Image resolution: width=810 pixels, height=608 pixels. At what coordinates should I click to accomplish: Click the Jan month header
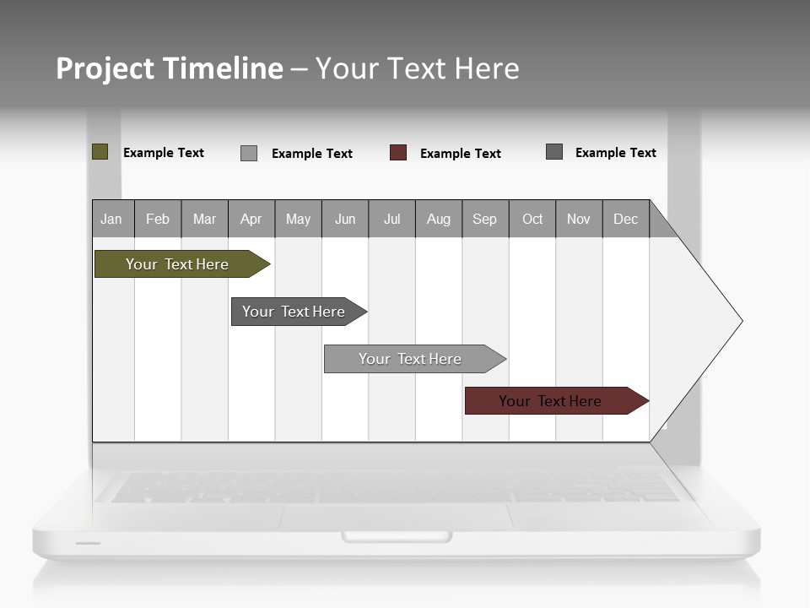point(112,219)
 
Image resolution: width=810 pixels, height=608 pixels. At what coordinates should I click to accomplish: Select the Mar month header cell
point(204,219)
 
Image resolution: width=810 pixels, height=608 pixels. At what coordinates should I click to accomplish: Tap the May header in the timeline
point(298,219)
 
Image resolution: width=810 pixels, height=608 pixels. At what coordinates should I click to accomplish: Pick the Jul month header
point(391,219)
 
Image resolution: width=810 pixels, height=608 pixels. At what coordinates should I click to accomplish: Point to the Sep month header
point(484,219)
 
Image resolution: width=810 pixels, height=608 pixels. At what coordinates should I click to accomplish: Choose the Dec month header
point(625,219)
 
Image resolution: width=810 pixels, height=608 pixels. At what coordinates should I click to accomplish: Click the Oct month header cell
point(532,219)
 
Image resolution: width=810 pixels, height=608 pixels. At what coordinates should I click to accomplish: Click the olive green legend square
point(100,152)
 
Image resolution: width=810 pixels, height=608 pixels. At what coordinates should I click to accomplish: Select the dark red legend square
point(398,153)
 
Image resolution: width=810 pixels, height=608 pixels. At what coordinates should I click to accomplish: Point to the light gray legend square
point(249,153)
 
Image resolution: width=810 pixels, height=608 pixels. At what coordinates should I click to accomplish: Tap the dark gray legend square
point(554,152)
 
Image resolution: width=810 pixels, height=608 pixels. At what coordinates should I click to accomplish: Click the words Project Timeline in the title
point(169,68)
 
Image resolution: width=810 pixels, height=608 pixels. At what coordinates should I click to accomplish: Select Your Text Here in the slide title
point(417,68)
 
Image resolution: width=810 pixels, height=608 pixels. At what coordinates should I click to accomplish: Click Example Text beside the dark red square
point(460,154)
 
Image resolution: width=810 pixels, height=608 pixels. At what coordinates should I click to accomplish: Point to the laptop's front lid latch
point(397,536)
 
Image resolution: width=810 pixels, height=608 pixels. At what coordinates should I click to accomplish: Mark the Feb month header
point(158,219)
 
